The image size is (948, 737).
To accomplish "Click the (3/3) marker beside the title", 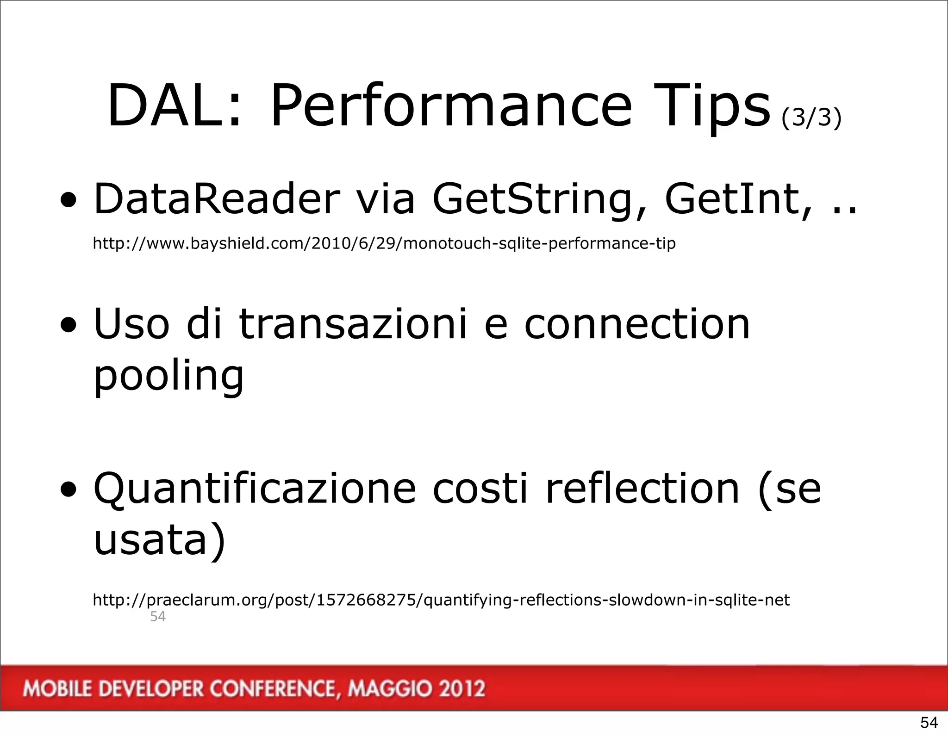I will click(811, 118).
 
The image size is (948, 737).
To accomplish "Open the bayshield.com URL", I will click(384, 243).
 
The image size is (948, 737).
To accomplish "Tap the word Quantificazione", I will click(255, 489).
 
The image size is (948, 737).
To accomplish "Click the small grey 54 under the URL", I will click(158, 617).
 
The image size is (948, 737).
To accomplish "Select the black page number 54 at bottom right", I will click(929, 722).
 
